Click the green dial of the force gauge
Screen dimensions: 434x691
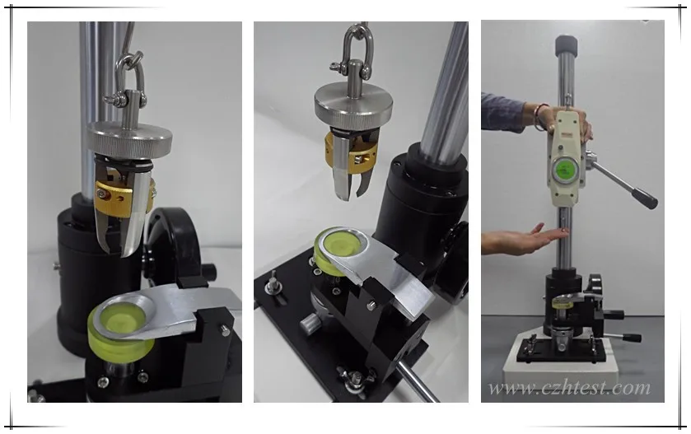565,169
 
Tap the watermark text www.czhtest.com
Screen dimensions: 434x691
568,387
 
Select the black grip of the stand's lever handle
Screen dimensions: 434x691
642,198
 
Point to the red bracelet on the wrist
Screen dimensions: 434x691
540,116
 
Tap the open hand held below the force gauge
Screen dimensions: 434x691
527,239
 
